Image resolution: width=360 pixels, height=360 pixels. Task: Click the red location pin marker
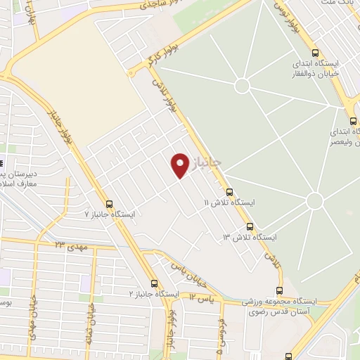(x=180, y=165)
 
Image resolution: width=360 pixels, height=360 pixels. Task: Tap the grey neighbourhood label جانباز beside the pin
(x=207, y=162)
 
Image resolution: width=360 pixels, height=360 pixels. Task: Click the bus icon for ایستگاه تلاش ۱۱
(x=229, y=191)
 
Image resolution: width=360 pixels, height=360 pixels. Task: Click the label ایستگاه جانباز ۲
(x=154, y=293)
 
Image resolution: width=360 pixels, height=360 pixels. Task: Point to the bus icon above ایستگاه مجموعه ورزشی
(x=280, y=290)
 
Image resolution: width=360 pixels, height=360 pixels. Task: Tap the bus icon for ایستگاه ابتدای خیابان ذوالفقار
(x=314, y=53)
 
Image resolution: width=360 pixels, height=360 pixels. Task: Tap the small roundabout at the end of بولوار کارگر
(x=131, y=72)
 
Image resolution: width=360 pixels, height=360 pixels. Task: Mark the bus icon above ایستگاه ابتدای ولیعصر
(x=356, y=120)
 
